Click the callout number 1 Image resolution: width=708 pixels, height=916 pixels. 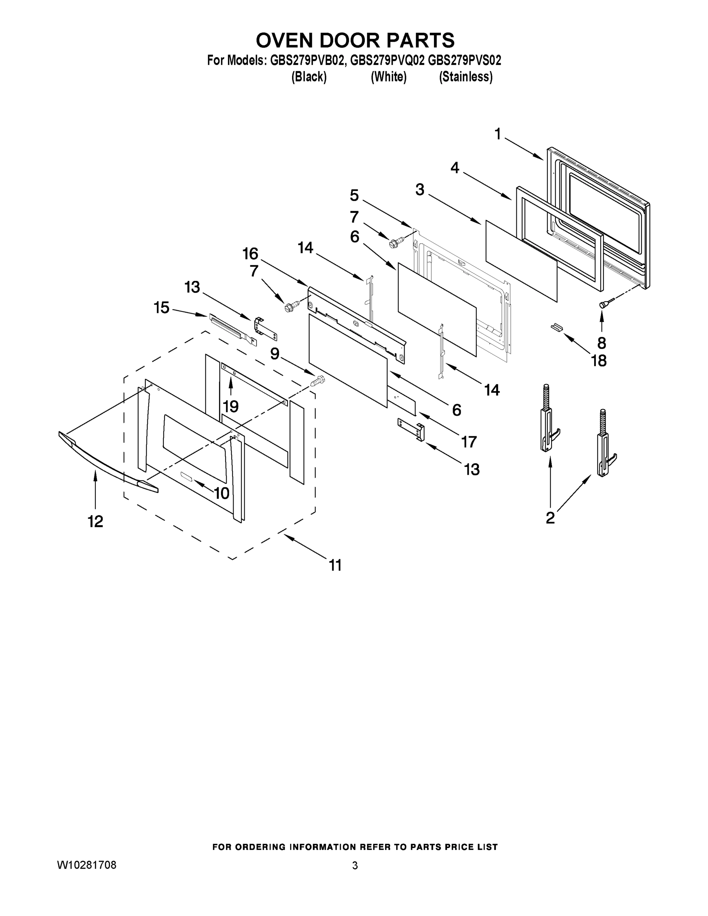tap(497, 135)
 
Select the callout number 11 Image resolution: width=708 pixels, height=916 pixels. tap(335, 565)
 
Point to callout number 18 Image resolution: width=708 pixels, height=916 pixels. tap(598, 361)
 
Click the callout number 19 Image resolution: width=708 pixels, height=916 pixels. tap(231, 406)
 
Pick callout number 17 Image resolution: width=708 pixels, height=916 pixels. tap(469, 441)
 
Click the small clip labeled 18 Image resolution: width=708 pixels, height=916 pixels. tap(556, 327)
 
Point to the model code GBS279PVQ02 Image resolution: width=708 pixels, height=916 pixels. tap(388, 61)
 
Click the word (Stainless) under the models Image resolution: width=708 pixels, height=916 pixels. tap(466, 77)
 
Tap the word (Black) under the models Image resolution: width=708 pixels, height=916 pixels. tap(309, 77)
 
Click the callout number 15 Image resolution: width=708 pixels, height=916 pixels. tap(161, 307)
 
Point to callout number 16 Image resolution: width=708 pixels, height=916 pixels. tap(250, 254)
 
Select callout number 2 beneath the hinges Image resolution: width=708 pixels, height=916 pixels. tap(550, 518)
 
